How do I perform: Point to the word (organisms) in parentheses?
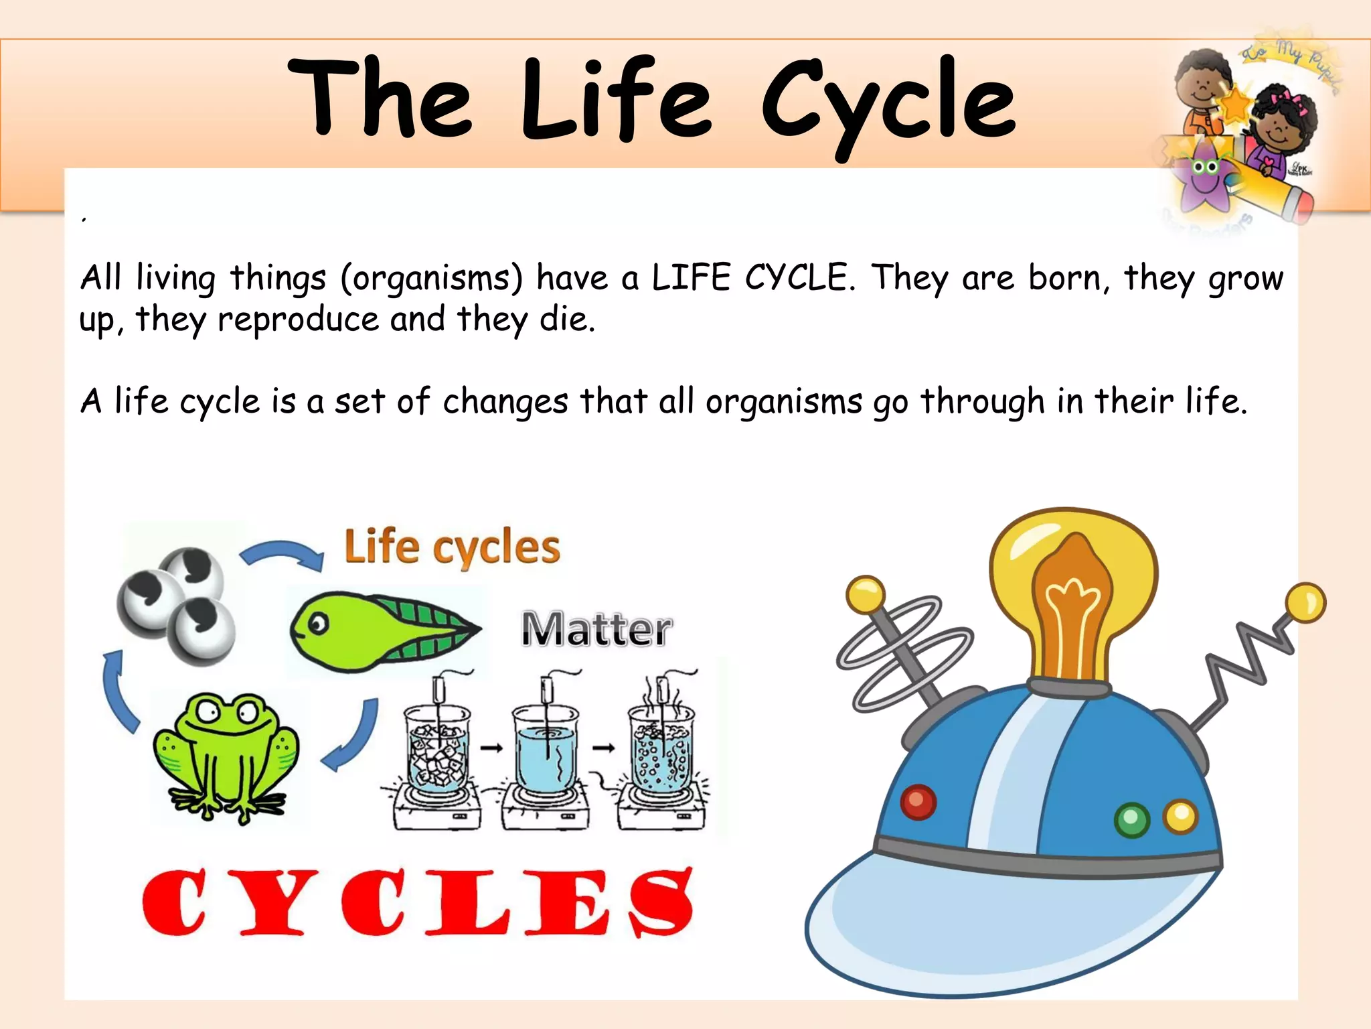point(432,278)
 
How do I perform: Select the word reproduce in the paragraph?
point(298,320)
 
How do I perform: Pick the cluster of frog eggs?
point(175,605)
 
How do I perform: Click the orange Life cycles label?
point(452,547)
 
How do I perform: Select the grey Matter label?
point(596,629)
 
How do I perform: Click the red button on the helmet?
point(918,801)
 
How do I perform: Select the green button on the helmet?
point(1131,819)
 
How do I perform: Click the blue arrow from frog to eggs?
point(117,690)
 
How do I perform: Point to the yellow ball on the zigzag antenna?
point(1305,602)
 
